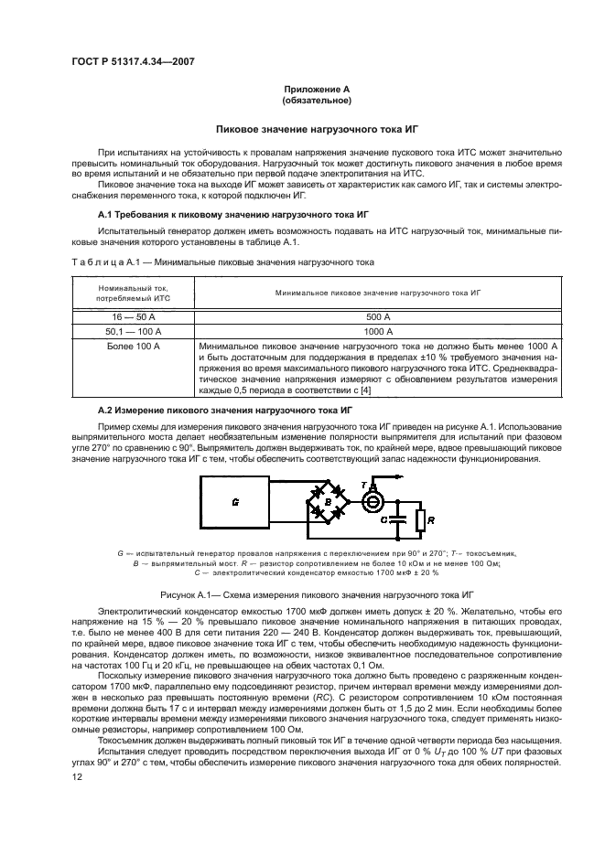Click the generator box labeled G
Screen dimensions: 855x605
point(236,503)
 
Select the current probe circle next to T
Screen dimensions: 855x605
point(372,499)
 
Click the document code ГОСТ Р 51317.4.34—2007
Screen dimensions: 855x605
point(135,61)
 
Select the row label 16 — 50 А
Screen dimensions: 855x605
point(134,315)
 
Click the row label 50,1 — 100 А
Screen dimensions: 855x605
point(134,331)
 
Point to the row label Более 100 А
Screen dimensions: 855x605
point(134,347)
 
